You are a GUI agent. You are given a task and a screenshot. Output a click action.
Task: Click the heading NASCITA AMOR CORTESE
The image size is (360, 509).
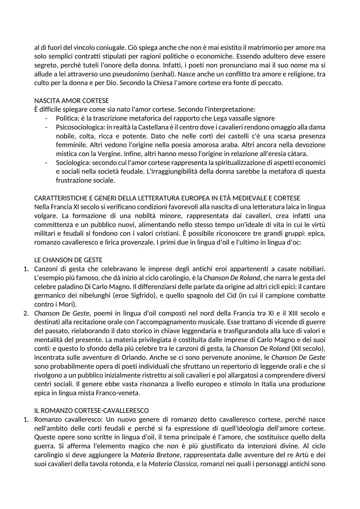[71, 100]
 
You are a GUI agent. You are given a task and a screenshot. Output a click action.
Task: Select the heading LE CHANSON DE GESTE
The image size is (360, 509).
[68, 260]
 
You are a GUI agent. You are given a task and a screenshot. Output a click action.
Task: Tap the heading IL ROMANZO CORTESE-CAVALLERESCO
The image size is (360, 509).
[91, 410]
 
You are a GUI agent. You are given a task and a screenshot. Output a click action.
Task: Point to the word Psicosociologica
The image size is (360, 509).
[79, 127]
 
